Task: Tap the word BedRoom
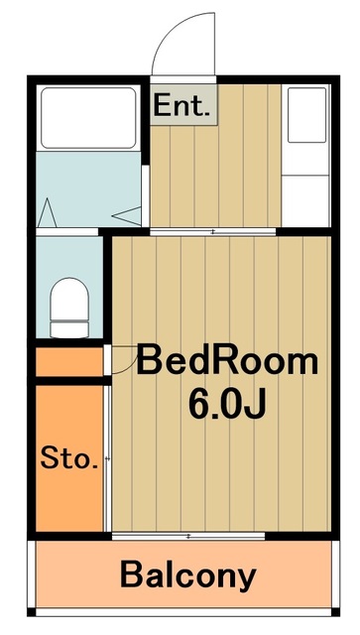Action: pos(227,360)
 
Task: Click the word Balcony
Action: pos(188,574)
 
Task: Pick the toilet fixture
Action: pos(68,303)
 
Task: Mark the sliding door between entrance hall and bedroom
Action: pos(213,231)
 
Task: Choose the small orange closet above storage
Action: pos(69,362)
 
